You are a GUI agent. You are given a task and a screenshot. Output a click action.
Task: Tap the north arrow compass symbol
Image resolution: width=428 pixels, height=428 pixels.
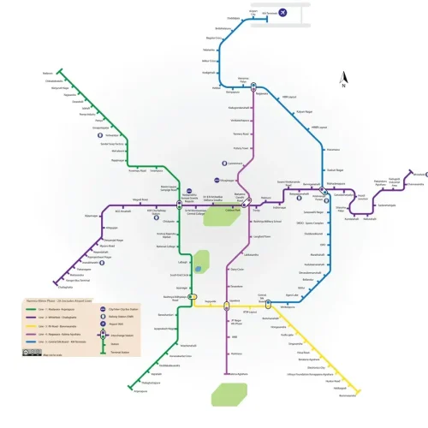click(x=342, y=80)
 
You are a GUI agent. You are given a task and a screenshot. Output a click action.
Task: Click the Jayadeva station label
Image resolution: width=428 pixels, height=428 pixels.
click(x=234, y=302)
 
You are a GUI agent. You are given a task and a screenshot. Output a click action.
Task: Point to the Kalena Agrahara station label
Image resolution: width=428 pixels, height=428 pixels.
click(x=235, y=373)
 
